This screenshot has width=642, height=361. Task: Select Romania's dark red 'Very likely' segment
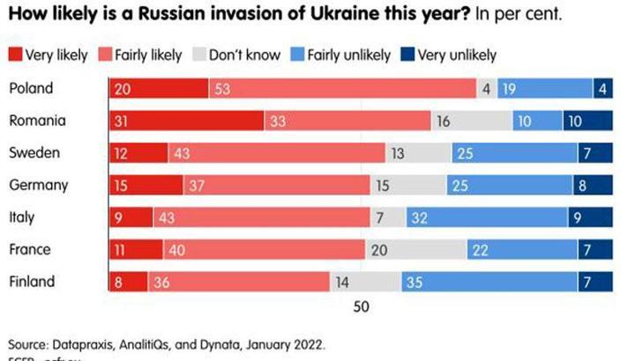(x=185, y=121)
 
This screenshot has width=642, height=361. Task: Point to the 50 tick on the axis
(x=361, y=307)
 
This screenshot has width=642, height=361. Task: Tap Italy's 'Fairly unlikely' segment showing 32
(x=487, y=217)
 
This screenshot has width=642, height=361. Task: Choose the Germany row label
(x=39, y=185)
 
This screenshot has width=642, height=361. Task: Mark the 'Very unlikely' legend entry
(x=452, y=55)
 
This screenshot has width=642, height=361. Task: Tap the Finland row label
(x=33, y=282)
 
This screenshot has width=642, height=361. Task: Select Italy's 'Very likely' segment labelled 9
(x=131, y=217)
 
